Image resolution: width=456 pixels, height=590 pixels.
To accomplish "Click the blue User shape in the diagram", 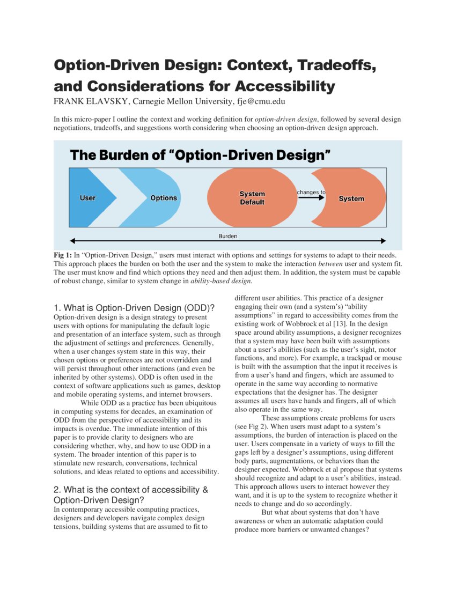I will [89, 198].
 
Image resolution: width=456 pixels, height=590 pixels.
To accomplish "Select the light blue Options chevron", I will [161, 198].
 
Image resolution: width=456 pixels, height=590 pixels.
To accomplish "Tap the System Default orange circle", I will [252, 198].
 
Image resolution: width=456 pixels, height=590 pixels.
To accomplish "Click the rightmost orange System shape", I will [351, 198].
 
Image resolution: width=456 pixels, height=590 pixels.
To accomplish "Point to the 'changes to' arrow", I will [311, 197].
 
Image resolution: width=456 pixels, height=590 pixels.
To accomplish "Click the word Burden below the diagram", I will [228, 235].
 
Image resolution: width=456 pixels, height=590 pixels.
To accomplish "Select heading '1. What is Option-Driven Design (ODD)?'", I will [134, 308].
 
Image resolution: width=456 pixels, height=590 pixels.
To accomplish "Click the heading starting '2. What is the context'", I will [131, 490].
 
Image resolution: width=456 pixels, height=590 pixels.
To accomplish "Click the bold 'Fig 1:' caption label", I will [62, 255].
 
